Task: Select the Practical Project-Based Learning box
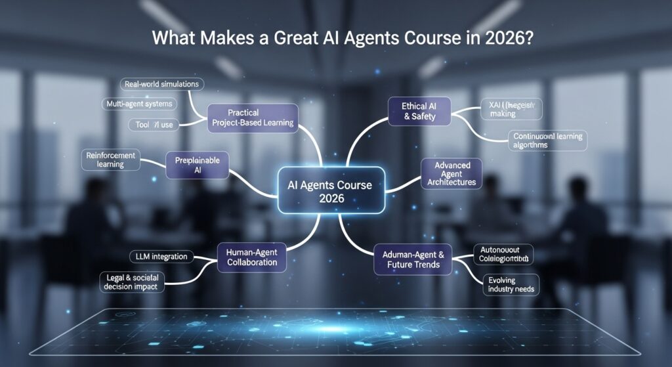(252, 116)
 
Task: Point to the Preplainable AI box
(197, 165)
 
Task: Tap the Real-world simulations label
(161, 84)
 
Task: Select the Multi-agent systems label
(139, 104)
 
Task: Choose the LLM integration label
(160, 256)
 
